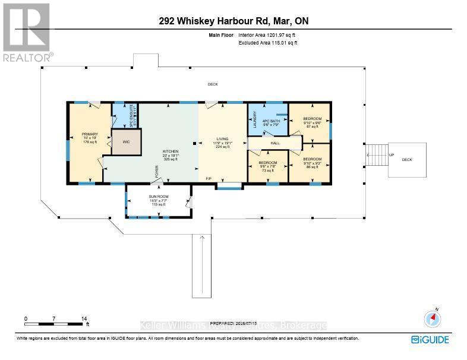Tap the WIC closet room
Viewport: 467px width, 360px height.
coord(126,143)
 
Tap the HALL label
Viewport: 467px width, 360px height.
coord(275,143)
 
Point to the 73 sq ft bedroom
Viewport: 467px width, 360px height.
coord(267,166)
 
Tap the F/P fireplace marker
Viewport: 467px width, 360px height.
coord(209,179)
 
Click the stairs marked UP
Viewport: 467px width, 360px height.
coord(376,156)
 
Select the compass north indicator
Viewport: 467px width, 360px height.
coord(433,318)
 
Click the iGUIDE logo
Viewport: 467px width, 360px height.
coord(430,340)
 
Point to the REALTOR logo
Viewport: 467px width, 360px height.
coord(27,32)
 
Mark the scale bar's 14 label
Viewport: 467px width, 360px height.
coord(84,319)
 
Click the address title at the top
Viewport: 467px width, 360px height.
coord(233,22)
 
